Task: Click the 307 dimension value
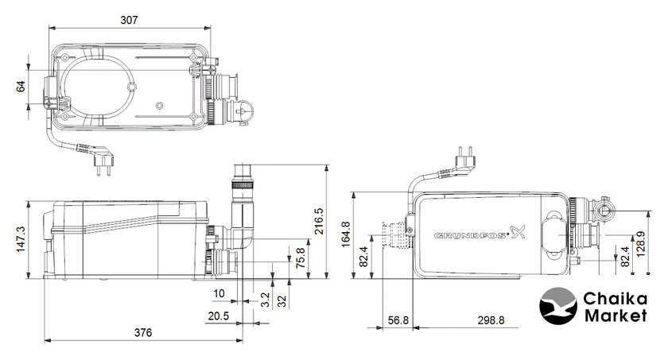(x=129, y=20)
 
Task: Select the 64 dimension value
(x=21, y=87)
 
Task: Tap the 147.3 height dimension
(x=21, y=239)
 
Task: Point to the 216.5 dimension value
(x=319, y=221)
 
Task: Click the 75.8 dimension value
(x=301, y=257)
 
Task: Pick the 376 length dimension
(x=143, y=332)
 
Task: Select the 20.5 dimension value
(x=219, y=315)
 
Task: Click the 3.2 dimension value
(x=265, y=300)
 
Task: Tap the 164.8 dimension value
(x=345, y=234)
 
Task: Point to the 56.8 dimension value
(x=398, y=320)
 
